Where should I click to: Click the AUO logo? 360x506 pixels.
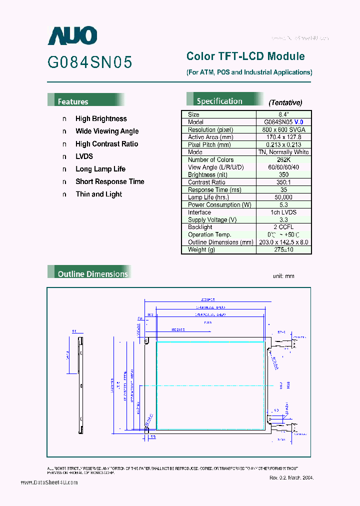pos(72,35)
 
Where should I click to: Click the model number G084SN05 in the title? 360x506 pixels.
pos(90,62)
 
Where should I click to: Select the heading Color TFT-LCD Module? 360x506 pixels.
pos(245,56)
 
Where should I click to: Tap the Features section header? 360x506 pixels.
pos(73,101)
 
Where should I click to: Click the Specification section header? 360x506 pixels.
pos(219,101)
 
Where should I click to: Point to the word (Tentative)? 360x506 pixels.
pos(285,102)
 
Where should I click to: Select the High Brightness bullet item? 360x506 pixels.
pos(101,119)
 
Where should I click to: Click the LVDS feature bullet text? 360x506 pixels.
pos(84,156)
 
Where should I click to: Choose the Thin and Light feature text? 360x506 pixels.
pos(98,194)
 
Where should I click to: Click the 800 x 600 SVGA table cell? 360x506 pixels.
pos(284,129)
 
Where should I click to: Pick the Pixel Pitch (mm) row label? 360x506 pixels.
pos(209,144)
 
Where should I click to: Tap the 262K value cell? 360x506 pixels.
pos(284,159)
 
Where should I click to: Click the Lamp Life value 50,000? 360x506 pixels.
pos(284,197)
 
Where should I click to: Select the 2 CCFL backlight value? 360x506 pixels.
pos(284,227)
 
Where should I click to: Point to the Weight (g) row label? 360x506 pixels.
pos(201,249)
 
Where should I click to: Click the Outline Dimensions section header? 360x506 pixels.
pos(92,274)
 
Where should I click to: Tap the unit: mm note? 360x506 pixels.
pos(283,276)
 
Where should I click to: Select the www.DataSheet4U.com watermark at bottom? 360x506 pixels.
pos(49,482)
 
